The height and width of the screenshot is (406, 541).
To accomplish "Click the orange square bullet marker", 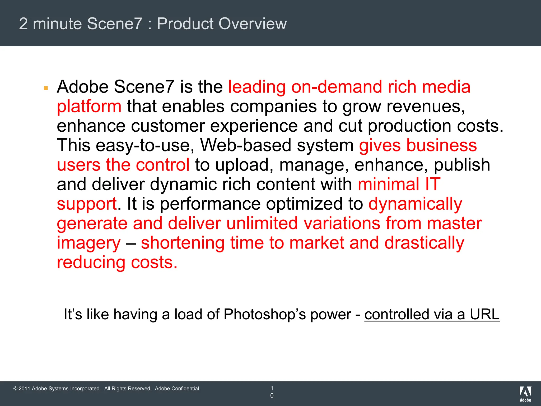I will click(46, 88).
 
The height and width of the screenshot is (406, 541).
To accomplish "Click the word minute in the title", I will click(57, 24).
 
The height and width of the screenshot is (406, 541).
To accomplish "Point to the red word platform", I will click(89, 107).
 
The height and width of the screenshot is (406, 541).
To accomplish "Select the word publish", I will click(462, 165).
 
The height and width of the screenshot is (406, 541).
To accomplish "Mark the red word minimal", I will click(388, 184).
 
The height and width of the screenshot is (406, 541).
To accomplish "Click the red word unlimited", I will click(262, 224).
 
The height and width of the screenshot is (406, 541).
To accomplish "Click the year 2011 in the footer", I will click(24, 389).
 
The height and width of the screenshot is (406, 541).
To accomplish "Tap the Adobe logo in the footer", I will click(525, 394).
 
